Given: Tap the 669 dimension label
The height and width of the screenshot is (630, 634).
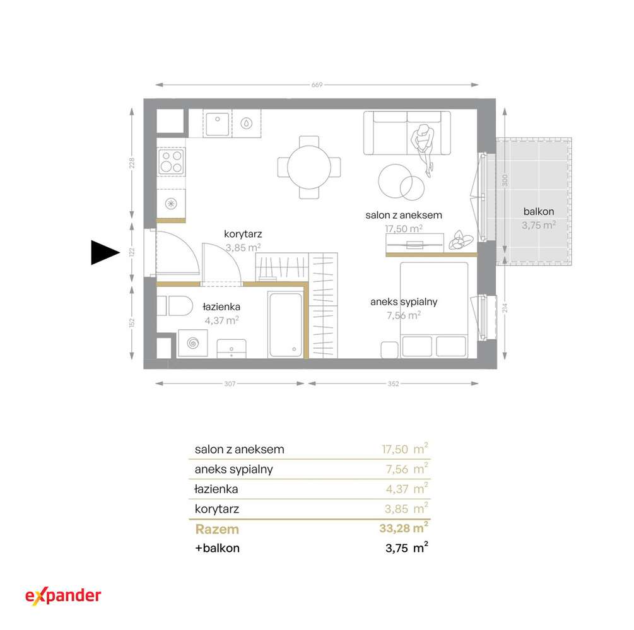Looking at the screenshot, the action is (x=317, y=85).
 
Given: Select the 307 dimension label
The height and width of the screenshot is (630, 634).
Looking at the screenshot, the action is (x=230, y=383).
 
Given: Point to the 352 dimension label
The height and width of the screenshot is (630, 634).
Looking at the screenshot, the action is (x=394, y=383).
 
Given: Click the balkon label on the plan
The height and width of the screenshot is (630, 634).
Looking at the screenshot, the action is (x=539, y=211).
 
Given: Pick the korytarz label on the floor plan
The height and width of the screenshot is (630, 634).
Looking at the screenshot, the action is (x=243, y=234).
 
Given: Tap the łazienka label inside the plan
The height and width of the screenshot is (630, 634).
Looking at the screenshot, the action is (x=221, y=306).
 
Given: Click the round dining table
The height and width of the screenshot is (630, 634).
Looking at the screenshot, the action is (x=309, y=167).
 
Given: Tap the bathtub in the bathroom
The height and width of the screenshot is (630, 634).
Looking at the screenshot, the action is (x=286, y=325).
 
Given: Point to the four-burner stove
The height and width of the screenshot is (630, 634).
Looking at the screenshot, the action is (x=172, y=161).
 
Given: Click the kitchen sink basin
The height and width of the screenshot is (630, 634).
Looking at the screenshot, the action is (x=218, y=124).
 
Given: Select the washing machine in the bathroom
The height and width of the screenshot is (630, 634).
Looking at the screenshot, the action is (x=193, y=344).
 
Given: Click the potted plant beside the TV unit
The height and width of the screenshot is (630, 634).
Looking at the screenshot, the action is (x=460, y=240).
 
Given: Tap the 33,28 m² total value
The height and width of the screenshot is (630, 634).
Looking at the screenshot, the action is (x=404, y=528).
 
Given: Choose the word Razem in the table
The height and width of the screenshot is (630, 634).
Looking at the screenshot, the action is (x=217, y=529).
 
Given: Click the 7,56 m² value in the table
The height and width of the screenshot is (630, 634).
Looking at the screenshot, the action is (x=407, y=469).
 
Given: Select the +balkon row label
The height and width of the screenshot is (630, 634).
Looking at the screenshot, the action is (x=217, y=548).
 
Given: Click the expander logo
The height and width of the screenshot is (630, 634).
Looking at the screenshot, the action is (x=63, y=596).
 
